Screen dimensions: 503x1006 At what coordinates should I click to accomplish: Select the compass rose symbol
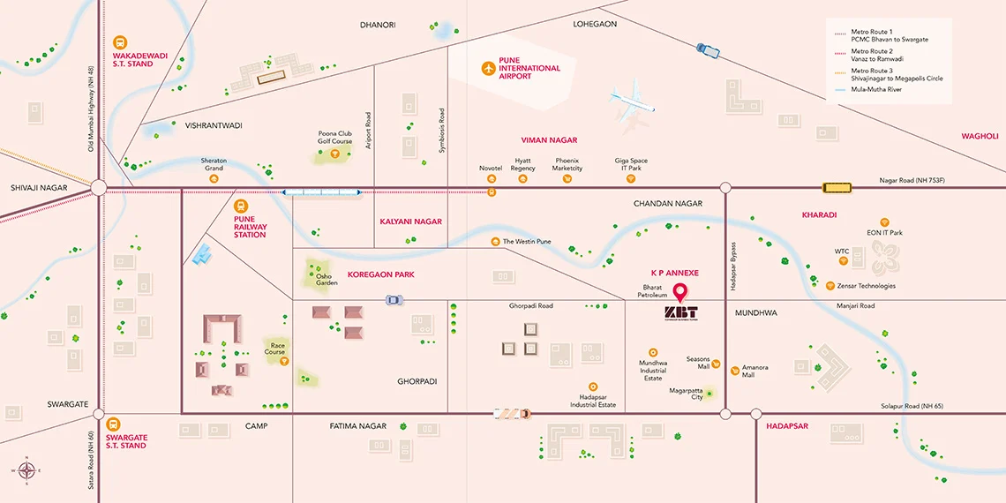(26, 470)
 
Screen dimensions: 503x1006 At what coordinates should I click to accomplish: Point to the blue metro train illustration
(321, 191)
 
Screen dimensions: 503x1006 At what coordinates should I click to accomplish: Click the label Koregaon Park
(380, 274)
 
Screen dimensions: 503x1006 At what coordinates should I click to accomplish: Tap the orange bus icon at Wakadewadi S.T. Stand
(121, 42)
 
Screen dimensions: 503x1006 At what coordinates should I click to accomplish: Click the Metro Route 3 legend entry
(896, 74)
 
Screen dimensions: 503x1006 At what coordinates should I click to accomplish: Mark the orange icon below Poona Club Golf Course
(335, 154)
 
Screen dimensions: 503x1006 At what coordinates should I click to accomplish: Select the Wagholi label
(980, 136)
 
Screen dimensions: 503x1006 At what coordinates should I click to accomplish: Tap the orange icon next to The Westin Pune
(495, 242)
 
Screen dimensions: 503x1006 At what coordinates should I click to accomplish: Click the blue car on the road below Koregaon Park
(394, 300)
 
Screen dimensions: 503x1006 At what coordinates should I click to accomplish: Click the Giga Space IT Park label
(631, 164)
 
